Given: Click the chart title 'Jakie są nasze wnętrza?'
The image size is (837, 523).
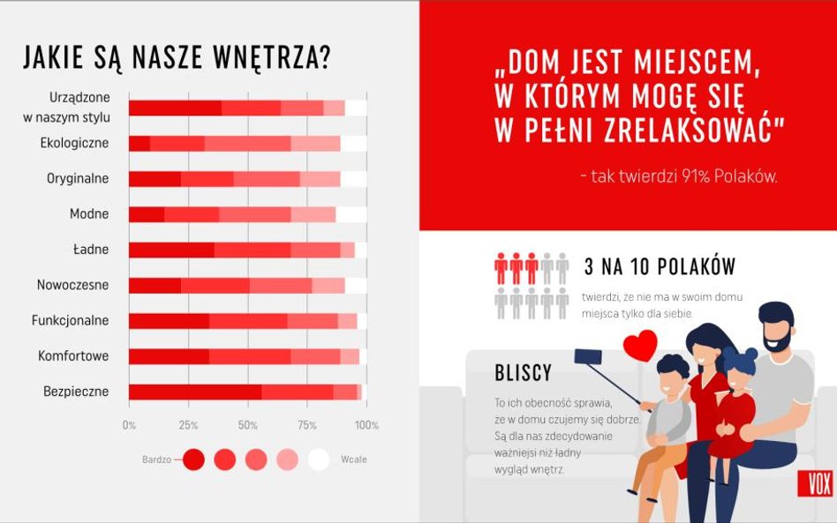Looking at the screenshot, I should [x=177, y=57].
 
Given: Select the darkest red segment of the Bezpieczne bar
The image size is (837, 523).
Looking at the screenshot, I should [x=194, y=392].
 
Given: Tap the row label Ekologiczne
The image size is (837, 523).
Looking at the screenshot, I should [x=74, y=142].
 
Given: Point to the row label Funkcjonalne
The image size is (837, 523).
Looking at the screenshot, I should [x=72, y=320].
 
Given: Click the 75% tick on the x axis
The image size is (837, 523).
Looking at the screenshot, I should [x=307, y=425].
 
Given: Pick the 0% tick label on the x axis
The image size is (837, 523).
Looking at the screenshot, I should [x=129, y=425].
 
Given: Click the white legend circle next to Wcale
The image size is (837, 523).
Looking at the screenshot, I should [x=319, y=459].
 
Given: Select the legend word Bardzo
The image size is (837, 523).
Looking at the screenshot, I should [x=156, y=459].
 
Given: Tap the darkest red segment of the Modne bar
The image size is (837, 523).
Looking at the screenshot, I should [x=147, y=213].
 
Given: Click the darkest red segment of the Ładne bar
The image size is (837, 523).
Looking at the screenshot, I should [x=171, y=250].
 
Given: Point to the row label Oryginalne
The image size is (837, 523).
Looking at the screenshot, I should [x=78, y=178].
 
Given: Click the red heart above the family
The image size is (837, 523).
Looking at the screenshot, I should [x=640, y=345].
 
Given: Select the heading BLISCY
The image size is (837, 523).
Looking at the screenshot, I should [x=523, y=373].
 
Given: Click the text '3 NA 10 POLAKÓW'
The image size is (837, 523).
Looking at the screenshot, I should [x=660, y=267].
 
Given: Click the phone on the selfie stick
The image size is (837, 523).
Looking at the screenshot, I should [x=582, y=357].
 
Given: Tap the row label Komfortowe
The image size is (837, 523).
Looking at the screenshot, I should [x=73, y=356].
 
